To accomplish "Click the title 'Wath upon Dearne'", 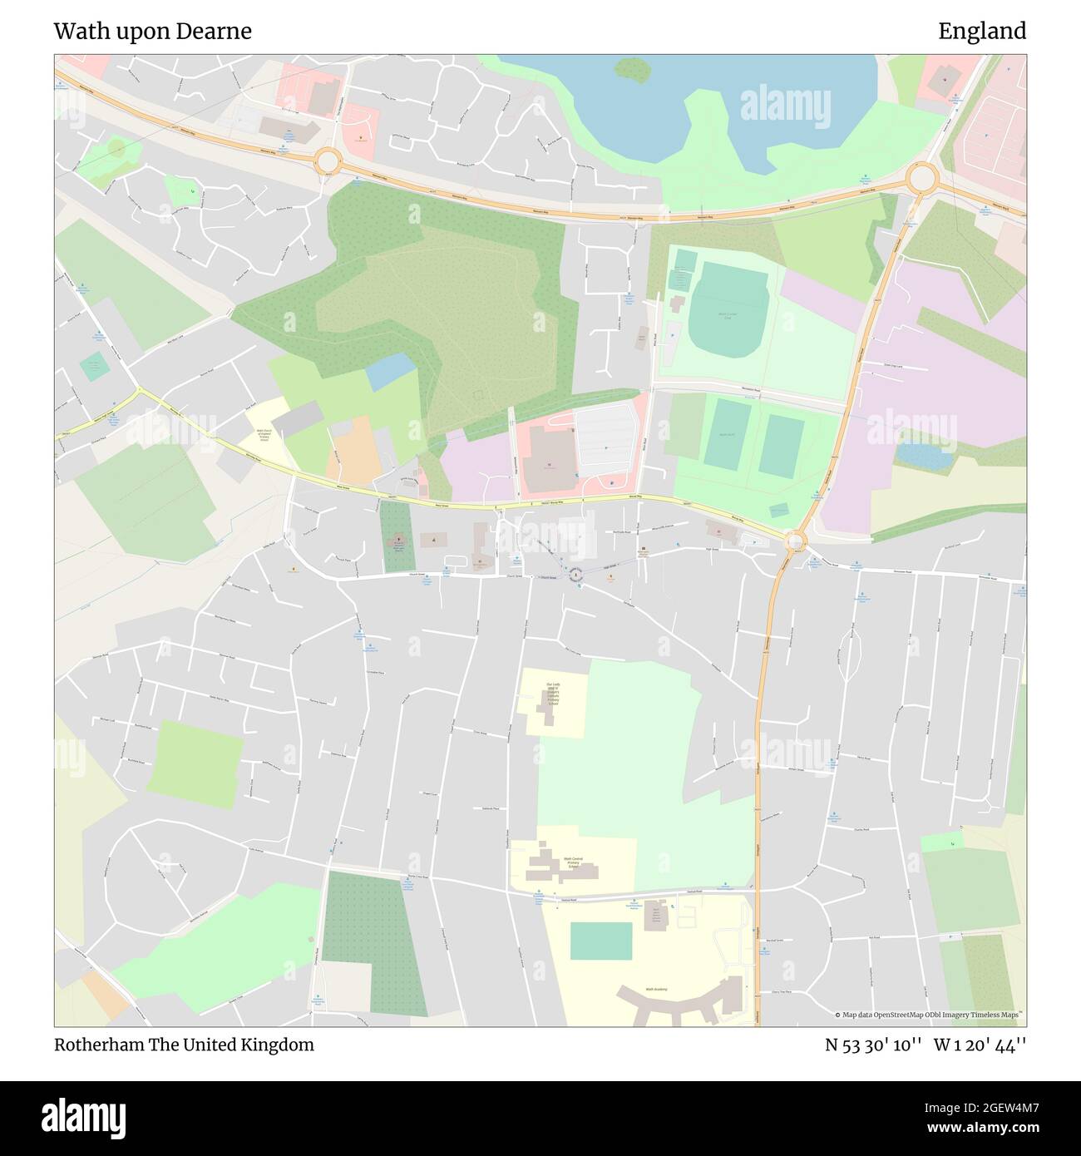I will pos(152,32).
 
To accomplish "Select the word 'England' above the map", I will pos(982,32).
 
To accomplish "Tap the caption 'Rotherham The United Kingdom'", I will pos(184,1045).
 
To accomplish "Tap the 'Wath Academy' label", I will pos(656,990).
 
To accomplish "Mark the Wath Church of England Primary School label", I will pos(264,434).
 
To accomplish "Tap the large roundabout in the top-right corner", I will pos(921,177).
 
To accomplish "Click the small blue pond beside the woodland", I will pos(390,372).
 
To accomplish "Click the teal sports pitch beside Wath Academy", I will pos(600,941).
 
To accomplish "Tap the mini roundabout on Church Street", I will pos(575,575).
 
